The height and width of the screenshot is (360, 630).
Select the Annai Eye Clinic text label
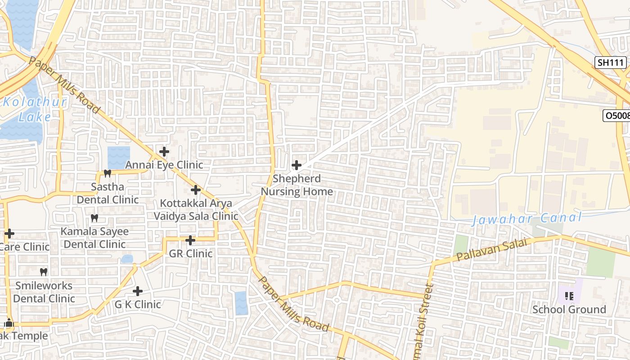click(x=164, y=165)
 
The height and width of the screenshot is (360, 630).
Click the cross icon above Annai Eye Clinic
click(x=164, y=152)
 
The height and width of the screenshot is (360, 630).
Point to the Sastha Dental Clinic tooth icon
click(x=107, y=173)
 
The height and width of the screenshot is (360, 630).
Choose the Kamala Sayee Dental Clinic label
click(x=94, y=238)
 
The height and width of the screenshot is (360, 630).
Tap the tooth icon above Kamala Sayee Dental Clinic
click(x=94, y=218)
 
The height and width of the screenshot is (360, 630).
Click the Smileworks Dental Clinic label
click(x=44, y=292)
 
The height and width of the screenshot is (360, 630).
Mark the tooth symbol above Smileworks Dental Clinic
click(x=44, y=272)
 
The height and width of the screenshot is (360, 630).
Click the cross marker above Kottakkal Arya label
click(x=195, y=190)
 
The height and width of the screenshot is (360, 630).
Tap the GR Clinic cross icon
click(x=190, y=240)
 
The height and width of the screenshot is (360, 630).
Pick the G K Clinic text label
click(x=137, y=305)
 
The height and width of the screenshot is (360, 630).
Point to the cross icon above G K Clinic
click(x=138, y=291)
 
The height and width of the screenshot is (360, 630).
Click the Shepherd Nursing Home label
click(x=297, y=185)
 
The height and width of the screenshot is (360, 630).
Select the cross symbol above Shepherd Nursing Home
click(x=297, y=165)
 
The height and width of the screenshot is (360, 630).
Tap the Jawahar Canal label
click(x=526, y=219)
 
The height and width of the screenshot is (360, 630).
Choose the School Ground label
click(x=569, y=310)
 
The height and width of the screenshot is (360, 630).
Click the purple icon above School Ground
click(x=569, y=296)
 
